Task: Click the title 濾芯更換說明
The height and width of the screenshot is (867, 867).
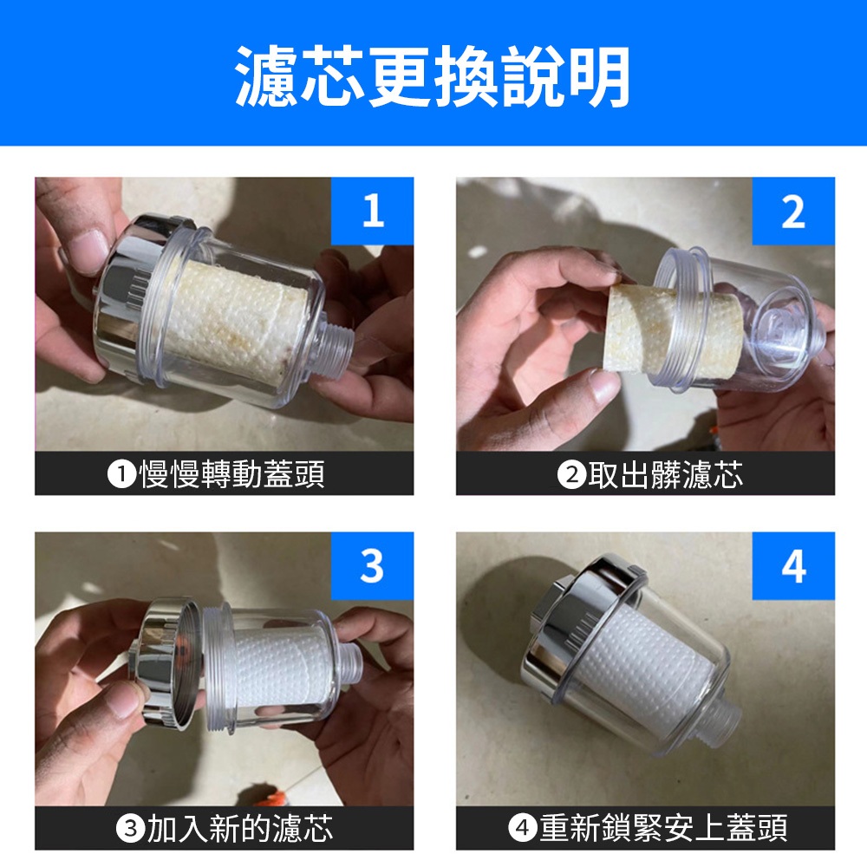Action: (433, 75)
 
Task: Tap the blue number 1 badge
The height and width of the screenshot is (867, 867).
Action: (372, 211)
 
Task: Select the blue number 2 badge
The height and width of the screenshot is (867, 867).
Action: (793, 211)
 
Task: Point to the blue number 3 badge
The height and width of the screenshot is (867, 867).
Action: (372, 565)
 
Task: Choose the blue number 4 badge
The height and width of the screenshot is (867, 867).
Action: (793, 565)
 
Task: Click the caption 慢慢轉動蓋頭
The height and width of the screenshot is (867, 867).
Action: (231, 474)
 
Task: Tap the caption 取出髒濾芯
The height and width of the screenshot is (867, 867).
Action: (665, 474)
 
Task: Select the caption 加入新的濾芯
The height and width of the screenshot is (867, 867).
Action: (240, 828)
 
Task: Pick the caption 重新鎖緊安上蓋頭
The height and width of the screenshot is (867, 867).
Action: (663, 828)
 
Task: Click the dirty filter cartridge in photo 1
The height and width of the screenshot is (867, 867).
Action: (235, 319)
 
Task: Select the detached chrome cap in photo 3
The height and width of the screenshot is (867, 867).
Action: (166, 663)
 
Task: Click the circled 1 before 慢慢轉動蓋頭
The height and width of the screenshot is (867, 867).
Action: (121, 474)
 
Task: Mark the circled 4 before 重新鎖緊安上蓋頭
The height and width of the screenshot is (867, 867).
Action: (523, 829)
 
